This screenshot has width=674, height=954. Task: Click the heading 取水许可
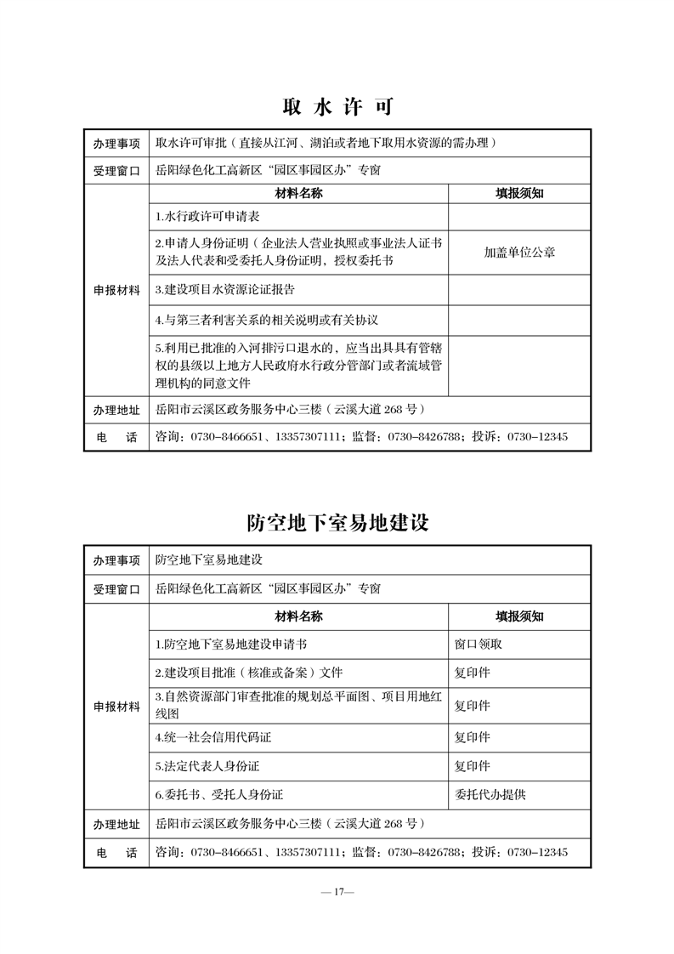[337, 108]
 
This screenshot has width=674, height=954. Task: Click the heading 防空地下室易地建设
[337, 522]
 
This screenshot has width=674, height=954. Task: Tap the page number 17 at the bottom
[337, 892]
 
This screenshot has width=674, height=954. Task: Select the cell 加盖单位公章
[519, 253]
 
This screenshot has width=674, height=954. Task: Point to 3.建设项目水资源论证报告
[225, 289]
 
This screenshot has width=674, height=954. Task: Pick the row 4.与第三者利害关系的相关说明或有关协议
[266, 321]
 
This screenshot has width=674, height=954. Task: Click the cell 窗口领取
[479, 644]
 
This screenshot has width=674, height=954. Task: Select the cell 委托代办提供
[490, 794]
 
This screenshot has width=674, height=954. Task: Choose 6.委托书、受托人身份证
[219, 794]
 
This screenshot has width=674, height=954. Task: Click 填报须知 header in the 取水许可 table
[519, 193]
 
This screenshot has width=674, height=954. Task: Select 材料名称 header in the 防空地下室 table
[298, 616]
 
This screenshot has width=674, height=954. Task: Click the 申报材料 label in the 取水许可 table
[116, 290]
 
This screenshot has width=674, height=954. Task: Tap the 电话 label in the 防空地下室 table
[116, 852]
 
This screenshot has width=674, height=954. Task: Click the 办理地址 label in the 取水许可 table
[116, 410]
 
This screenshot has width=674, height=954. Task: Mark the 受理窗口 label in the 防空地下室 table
[116, 588]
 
